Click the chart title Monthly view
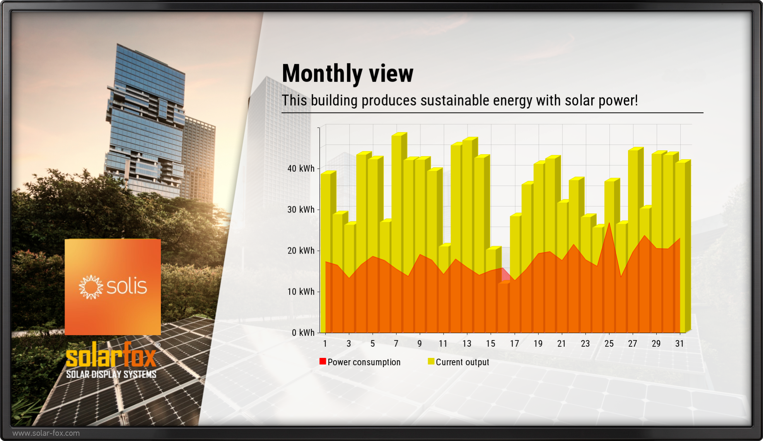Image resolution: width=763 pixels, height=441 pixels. [347, 73]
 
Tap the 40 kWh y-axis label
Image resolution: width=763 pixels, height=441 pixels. [301, 169]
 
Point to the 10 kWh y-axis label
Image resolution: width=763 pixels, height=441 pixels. [301, 291]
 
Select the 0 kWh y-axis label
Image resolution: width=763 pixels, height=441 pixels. [303, 332]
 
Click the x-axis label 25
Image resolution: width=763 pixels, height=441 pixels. [609, 344]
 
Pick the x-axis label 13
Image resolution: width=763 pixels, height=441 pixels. [467, 344]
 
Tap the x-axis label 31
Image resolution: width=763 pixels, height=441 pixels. [679, 344]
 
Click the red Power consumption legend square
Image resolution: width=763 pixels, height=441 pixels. [323, 361]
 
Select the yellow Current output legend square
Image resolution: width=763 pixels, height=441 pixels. [431, 361]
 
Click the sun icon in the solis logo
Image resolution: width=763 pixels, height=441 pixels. [91, 287]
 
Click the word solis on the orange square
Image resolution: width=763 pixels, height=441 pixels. [126, 286]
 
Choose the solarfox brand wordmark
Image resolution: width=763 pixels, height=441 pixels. [111, 356]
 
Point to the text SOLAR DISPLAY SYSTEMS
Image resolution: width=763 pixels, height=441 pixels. [111, 374]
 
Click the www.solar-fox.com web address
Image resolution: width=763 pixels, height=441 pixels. [46, 433]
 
